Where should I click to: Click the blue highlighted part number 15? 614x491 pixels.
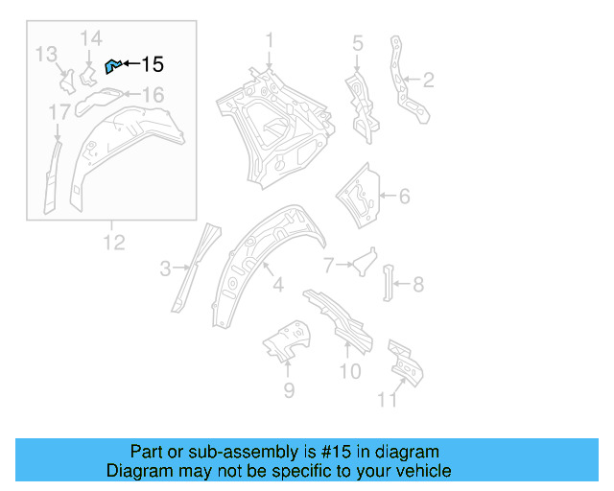111,65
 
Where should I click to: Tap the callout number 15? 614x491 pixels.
153,64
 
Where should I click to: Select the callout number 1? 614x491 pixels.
270,40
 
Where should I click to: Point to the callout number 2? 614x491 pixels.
429,80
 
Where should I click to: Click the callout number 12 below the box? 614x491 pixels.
114,242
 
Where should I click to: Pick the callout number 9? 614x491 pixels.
289,389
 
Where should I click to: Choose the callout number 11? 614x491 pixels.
388,400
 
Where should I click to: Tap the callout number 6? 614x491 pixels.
404,197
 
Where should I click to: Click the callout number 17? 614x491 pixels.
59,114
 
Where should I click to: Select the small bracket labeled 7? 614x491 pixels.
364,260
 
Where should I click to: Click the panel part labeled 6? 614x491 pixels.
359,199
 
